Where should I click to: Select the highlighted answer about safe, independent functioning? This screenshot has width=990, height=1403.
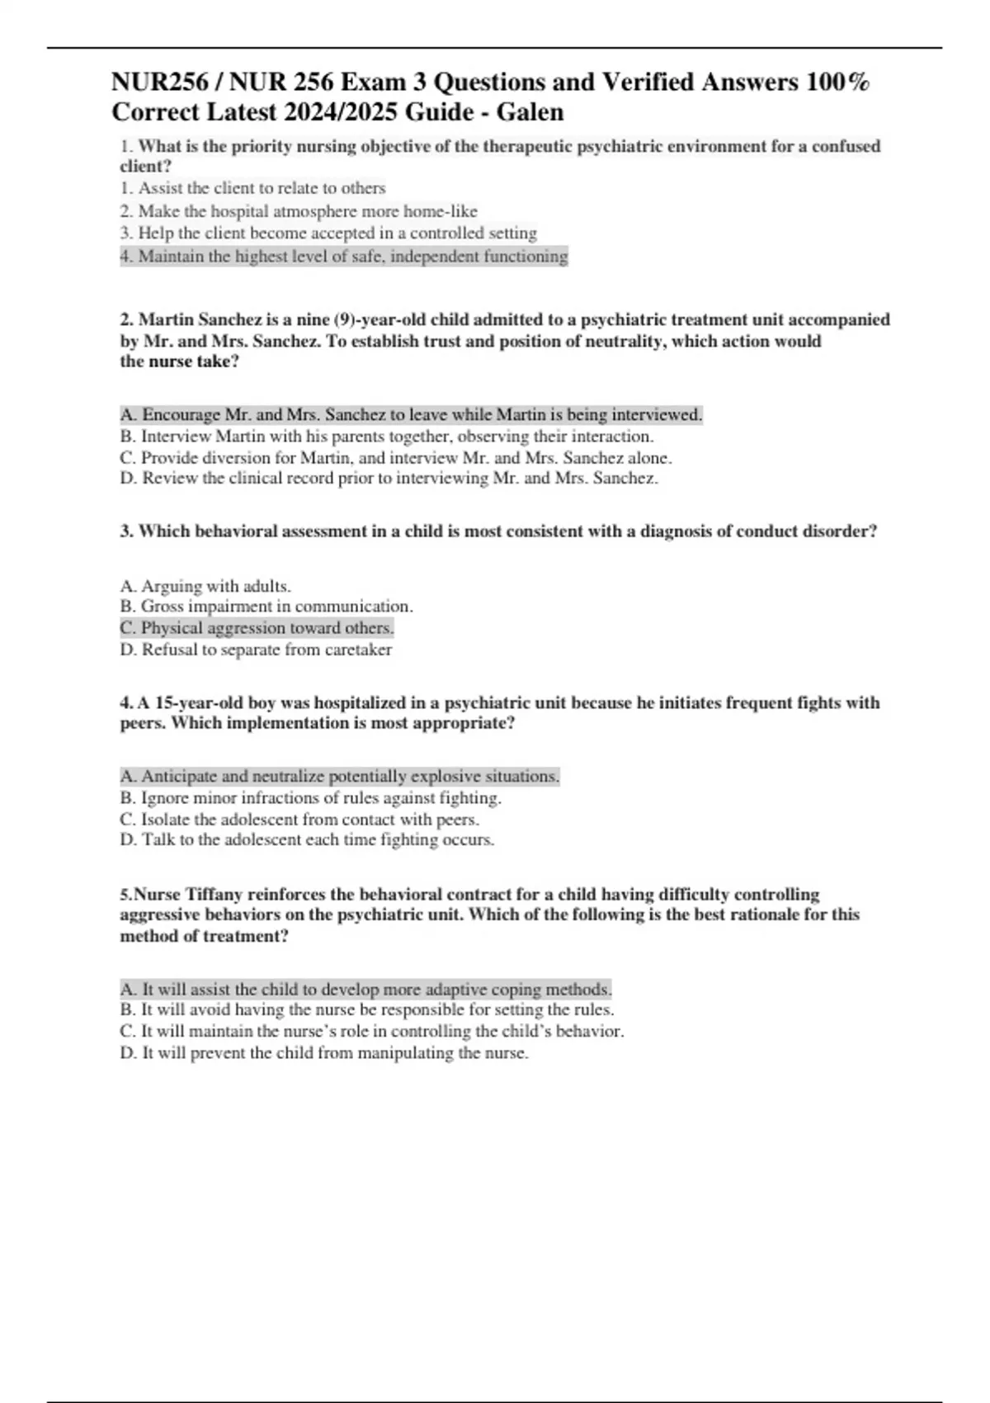344,257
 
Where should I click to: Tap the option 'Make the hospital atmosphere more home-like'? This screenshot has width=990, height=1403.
299,211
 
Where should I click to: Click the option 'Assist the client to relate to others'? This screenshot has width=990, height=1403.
253,188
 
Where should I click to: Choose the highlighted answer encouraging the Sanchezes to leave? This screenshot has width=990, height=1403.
411,414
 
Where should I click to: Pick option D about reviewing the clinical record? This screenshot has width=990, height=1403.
389,478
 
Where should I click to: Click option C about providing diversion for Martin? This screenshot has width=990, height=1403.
395,457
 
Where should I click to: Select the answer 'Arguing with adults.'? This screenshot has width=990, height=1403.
205,586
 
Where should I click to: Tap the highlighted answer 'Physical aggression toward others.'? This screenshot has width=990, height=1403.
257,628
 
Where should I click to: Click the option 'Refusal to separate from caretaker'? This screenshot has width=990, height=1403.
256,650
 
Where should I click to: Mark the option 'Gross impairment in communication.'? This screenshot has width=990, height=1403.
266,607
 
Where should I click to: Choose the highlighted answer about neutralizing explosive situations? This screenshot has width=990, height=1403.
340,777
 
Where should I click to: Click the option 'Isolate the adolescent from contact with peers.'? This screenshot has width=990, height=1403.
299,820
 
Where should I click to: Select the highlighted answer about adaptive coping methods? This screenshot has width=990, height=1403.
365,989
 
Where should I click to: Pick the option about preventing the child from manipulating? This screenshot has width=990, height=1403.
324,1053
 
